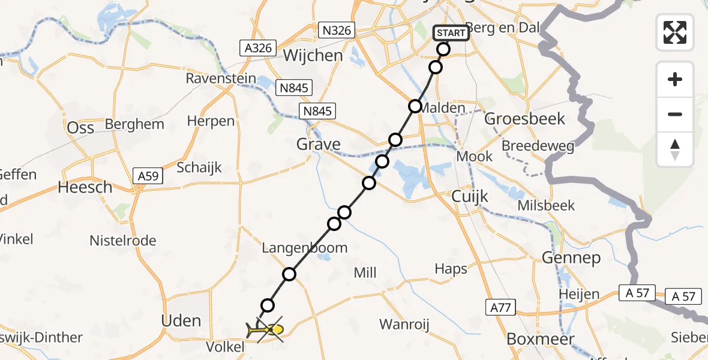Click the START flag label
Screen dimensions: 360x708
pos(451,32)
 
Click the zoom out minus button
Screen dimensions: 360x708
pos(675,115)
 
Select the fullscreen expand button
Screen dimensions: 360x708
pos(675,32)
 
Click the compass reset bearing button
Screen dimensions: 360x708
pos(675,149)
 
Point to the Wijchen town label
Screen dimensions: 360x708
pos(313,56)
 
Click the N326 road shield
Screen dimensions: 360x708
pos(338,30)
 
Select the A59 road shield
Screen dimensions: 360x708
pos(146,176)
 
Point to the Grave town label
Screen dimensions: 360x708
pos(319,145)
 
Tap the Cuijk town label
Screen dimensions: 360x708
pos(470,197)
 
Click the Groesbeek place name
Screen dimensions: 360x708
pos(524,119)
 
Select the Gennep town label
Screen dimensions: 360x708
pos(571,258)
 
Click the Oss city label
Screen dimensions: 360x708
pos(81,128)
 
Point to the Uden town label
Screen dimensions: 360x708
pos(181,320)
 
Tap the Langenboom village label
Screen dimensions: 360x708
pos(304,248)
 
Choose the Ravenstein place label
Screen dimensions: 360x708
pos(221,79)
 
